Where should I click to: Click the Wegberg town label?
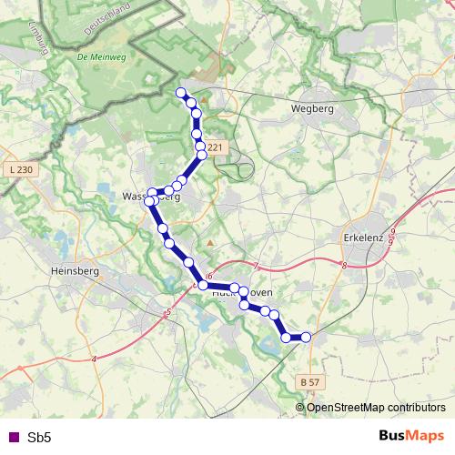coord(312,107)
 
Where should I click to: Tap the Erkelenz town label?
coord(369,237)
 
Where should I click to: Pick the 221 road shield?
coord(214,147)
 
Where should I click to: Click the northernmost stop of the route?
coord(181,92)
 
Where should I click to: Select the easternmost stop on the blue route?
coord(306,338)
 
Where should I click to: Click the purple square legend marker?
coord(12,438)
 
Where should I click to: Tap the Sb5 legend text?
coord(39,438)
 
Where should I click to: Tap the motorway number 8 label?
coord(345,265)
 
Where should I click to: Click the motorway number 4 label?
coord(94,359)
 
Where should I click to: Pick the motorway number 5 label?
coord(168,313)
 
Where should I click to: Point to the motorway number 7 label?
coord(258,266)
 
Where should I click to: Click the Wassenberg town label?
coord(150,197)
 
